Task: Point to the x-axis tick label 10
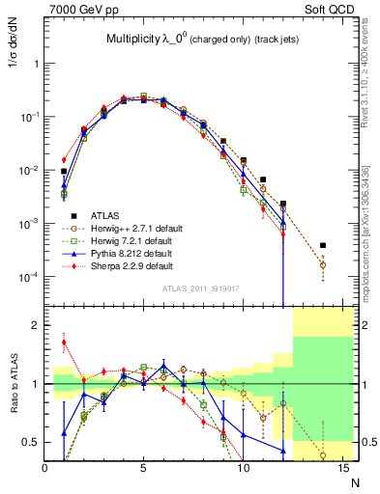pyautogui.click(x=243, y=468)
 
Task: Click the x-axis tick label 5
pyautogui.click(x=144, y=468)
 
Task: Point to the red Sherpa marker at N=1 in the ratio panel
pyautogui.click(x=65, y=342)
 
